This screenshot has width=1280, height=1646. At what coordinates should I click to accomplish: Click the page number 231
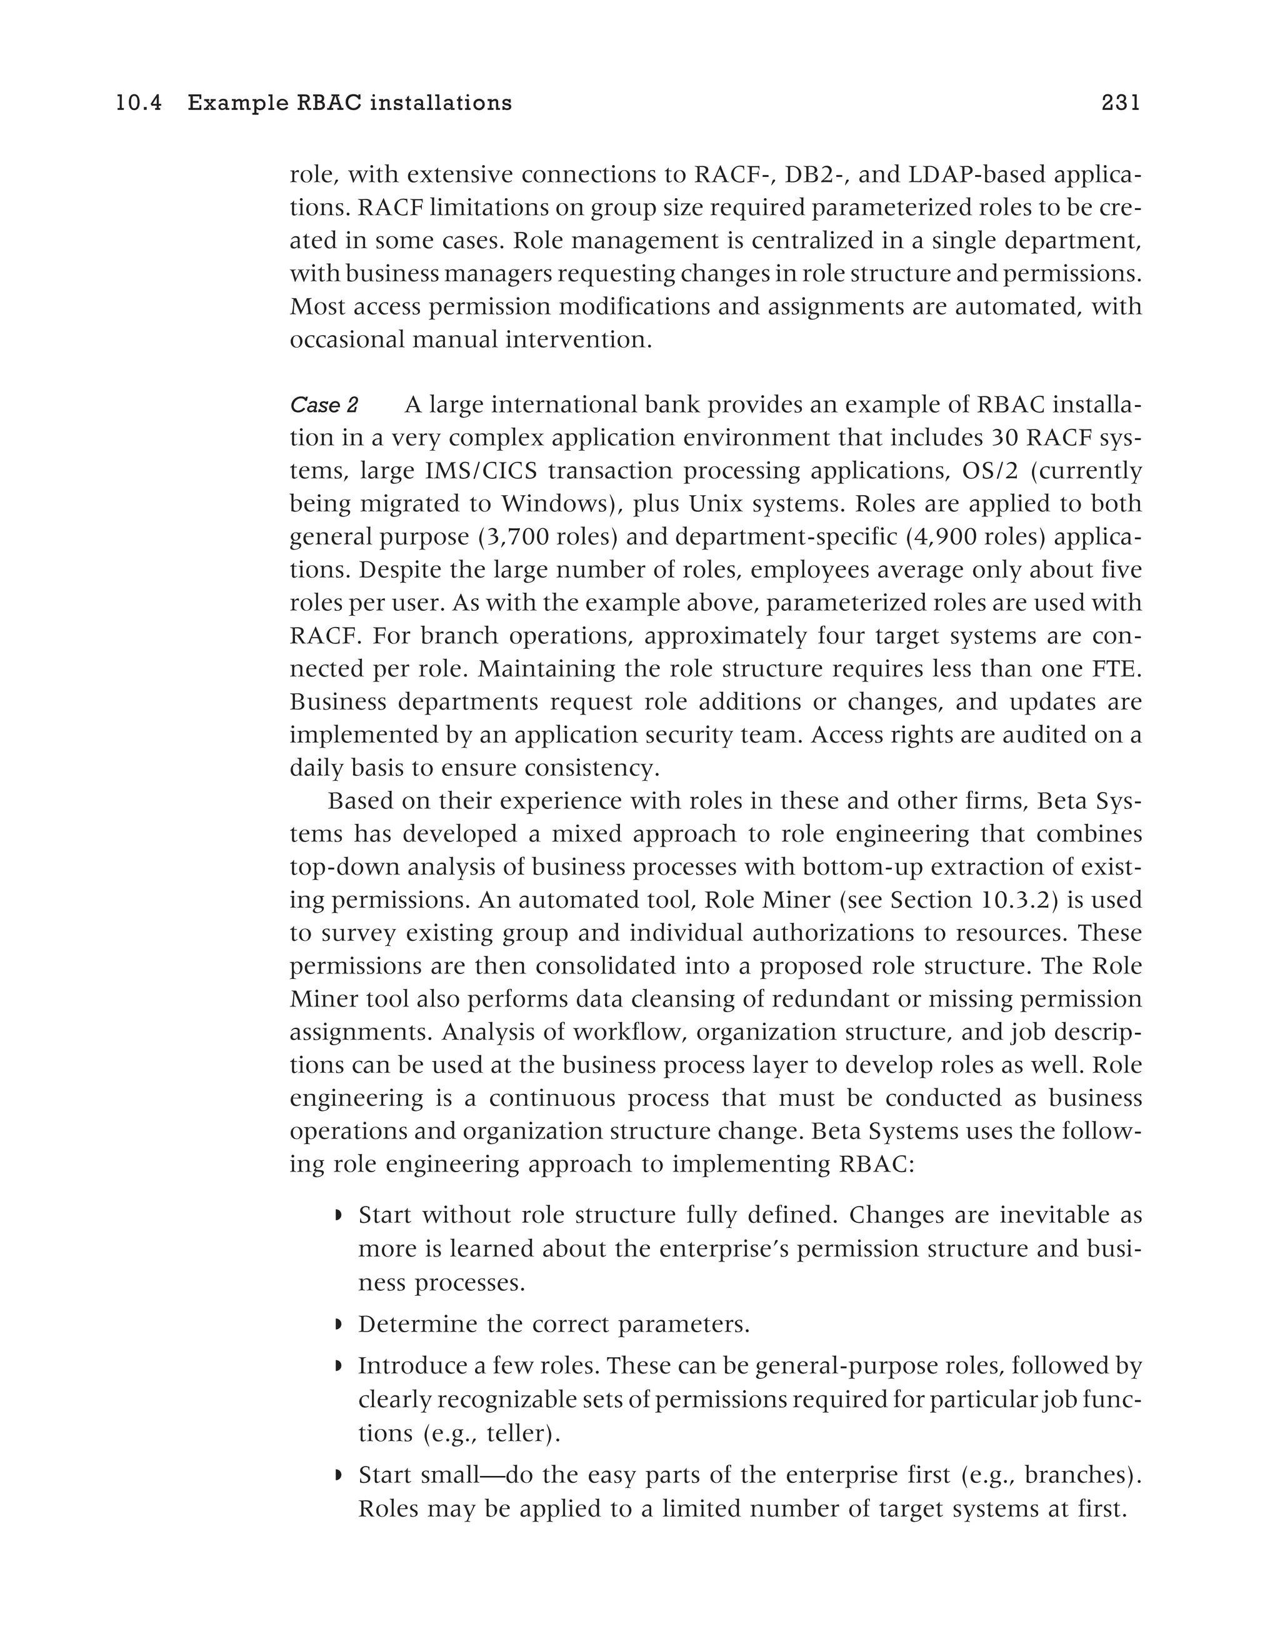coord(1120,103)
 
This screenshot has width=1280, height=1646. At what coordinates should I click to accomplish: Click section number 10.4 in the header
coord(139,103)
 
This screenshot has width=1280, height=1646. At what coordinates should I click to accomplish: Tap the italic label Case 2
coord(324,406)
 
